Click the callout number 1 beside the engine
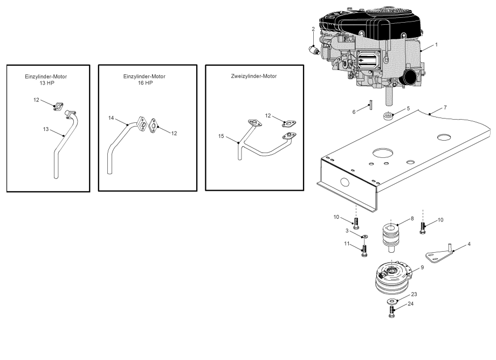437,44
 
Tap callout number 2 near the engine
313,29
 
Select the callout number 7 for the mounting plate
445,107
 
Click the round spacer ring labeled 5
387,116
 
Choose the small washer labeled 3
364,236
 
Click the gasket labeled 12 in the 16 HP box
155,127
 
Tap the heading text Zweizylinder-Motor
253,77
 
